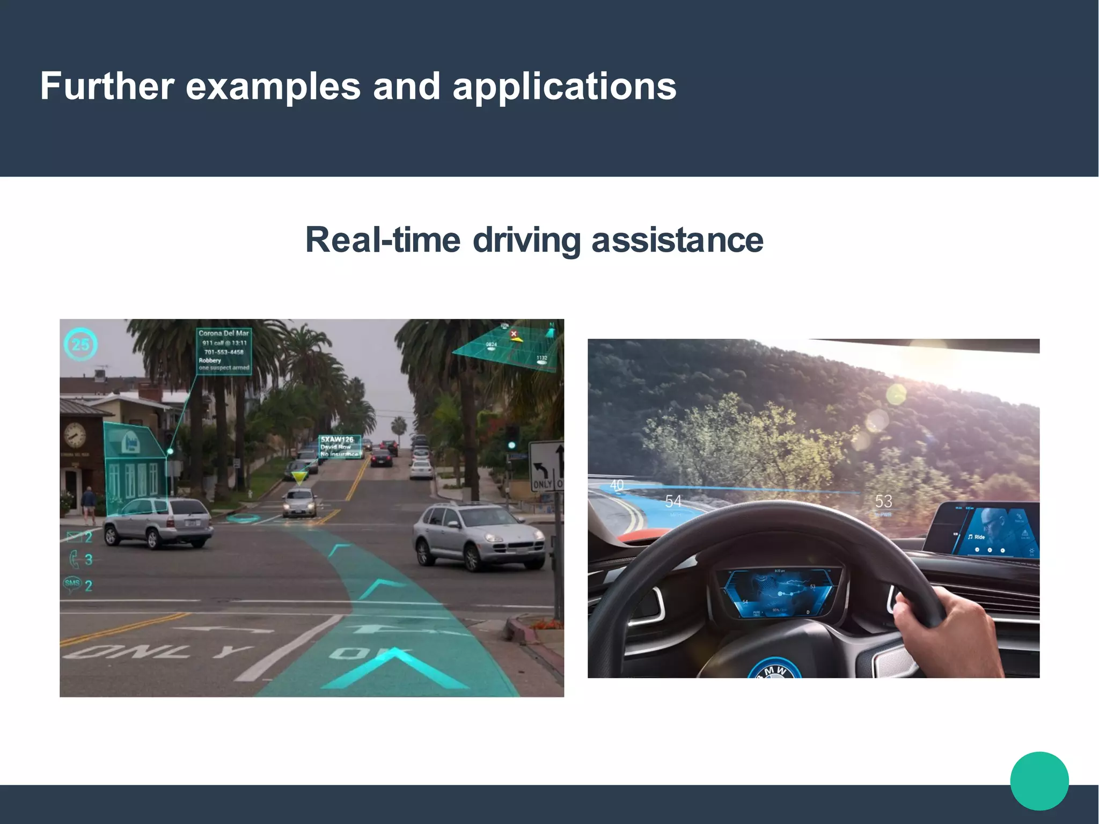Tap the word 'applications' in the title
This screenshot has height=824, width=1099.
pyautogui.click(x=565, y=87)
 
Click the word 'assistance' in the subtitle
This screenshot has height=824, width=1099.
pyautogui.click(x=677, y=240)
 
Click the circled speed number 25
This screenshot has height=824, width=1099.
pyautogui.click(x=80, y=344)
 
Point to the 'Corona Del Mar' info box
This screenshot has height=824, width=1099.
pyautogui.click(x=224, y=350)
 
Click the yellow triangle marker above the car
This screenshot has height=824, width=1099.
pyautogui.click(x=299, y=476)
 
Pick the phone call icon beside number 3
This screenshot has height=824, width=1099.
pyautogui.click(x=74, y=559)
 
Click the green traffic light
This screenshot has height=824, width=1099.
pyautogui.click(x=512, y=445)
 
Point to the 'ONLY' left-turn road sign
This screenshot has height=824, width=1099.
pyautogui.click(x=545, y=466)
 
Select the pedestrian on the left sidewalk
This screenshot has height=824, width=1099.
pyautogui.click(x=89, y=505)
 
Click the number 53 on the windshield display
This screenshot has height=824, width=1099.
pyautogui.click(x=883, y=501)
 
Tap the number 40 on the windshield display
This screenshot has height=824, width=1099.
pyautogui.click(x=617, y=485)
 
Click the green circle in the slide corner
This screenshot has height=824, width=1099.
pyautogui.click(x=1039, y=781)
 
